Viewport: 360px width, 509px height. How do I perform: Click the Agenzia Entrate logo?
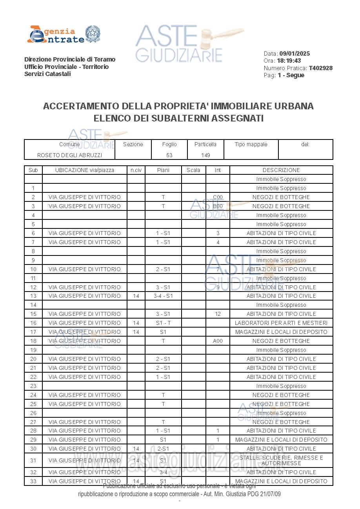tap(64, 34)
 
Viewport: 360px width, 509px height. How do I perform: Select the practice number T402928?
tap(320, 68)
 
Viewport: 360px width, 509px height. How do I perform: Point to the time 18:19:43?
tap(289, 61)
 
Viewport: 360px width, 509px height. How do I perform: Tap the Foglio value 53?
tap(169, 155)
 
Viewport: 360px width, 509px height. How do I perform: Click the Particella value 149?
tap(205, 155)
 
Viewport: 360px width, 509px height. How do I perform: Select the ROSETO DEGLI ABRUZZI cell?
tap(69, 155)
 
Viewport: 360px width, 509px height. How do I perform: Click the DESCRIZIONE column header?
tap(281, 170)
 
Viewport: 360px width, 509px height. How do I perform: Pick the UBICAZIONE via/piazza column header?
tap(85, 170)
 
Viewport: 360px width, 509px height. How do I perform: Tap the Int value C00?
tap(218, 197)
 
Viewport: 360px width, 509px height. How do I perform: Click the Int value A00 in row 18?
tap(218, 341)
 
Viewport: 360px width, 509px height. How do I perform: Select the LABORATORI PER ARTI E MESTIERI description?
tap(281, 323)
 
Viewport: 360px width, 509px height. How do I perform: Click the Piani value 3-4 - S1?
tap(163, 296)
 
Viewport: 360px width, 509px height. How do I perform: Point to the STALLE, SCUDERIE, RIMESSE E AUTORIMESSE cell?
tap(281, 460)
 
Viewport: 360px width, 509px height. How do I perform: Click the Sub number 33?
tap(33, 481)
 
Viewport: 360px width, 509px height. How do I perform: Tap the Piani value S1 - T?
tap(163, 323)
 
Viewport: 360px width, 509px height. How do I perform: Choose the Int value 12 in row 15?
tap(218, 314)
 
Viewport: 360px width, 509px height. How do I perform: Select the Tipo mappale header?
tap(251, 145)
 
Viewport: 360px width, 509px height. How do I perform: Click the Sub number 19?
tap(33, 350)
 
